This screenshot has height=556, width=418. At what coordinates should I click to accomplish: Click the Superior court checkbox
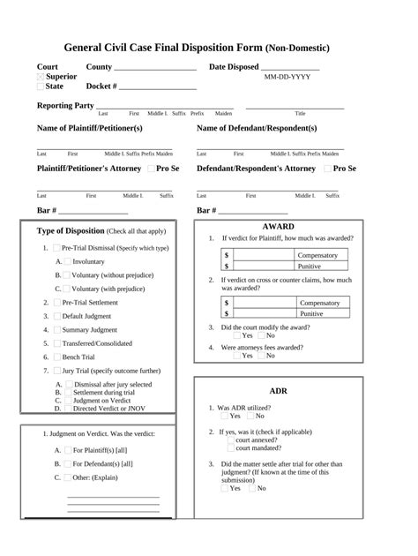click(x=41, y=77)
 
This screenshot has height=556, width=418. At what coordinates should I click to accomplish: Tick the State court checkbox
click(x=41, y=86)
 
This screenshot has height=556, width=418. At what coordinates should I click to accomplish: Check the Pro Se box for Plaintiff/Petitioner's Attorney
click(x=152, y=168)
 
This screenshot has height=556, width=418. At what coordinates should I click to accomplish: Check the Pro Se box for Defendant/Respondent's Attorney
click(x=329, y=168)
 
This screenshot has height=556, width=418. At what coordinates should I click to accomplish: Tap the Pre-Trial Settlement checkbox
click(x=57, y=302)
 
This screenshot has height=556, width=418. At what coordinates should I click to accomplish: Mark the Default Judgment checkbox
click(x=57, y=315)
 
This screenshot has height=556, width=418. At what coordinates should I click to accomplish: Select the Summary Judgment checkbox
click(x=57, y=329)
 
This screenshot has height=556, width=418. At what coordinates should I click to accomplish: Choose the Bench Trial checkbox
click(x=57, y=357)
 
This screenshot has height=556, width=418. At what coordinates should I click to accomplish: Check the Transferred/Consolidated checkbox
click(x=57, y=343)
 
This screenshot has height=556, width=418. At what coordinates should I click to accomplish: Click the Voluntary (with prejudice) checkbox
click(x=67, y=289)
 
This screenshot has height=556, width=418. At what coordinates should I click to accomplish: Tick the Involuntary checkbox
click(x=67, y=262)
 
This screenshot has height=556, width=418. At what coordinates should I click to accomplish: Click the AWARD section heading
click(x=279, y=227)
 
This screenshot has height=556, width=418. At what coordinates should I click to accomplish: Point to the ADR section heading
click(x=278, y=390)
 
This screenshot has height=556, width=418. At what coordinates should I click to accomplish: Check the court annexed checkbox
click(x=230, y=440)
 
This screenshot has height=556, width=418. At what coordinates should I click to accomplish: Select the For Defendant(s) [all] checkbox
click(x=67, y=463)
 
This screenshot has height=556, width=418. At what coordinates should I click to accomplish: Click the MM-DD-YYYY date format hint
click(x=287, y=78)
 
